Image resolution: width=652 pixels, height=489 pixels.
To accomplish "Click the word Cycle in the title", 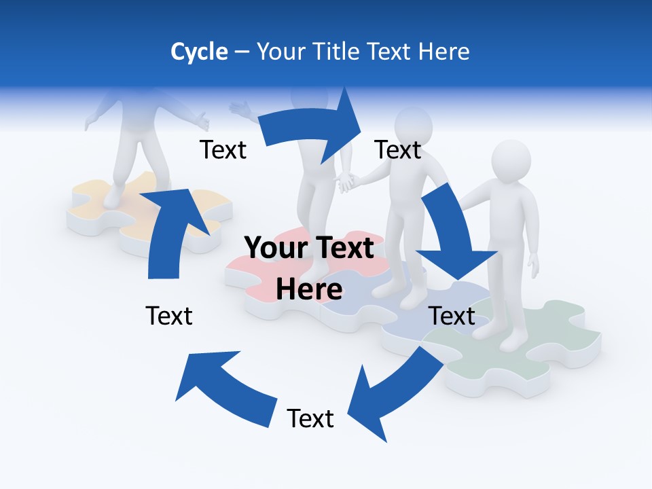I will tap(199, 52).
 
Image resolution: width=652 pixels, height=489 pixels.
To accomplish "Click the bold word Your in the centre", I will tap(276, 249).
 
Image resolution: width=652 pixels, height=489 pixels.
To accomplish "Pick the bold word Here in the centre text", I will tap(309, 289).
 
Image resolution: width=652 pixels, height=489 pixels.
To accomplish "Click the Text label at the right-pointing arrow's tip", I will tap(398, 150).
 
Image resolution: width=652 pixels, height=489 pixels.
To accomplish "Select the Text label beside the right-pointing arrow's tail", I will tap(223, 150).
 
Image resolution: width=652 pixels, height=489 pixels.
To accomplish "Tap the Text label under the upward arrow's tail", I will tap(169, 316).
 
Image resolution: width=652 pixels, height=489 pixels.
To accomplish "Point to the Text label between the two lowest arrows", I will tap(310, 418).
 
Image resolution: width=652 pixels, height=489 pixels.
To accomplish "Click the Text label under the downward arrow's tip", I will tap(452, 316).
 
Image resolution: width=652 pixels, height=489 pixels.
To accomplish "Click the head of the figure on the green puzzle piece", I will tap(511, 162).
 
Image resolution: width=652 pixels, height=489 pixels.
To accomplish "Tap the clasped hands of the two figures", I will tap(348, 181).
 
